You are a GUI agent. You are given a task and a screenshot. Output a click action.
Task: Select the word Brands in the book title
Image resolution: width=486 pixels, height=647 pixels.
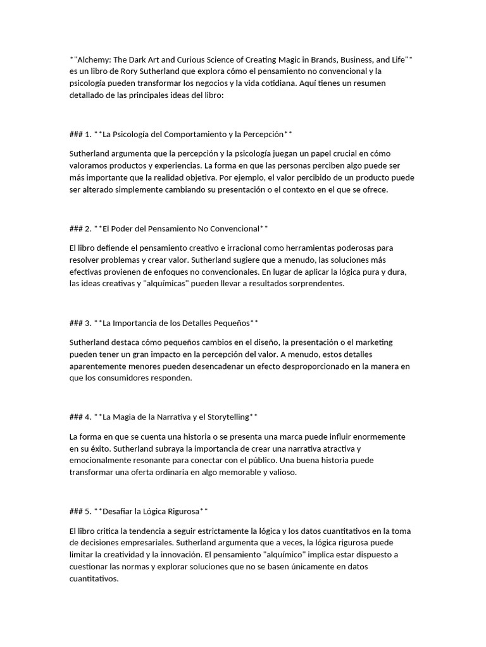coord(302,59)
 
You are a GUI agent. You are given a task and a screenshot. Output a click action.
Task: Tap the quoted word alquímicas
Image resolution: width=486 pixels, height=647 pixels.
coord(170,284)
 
